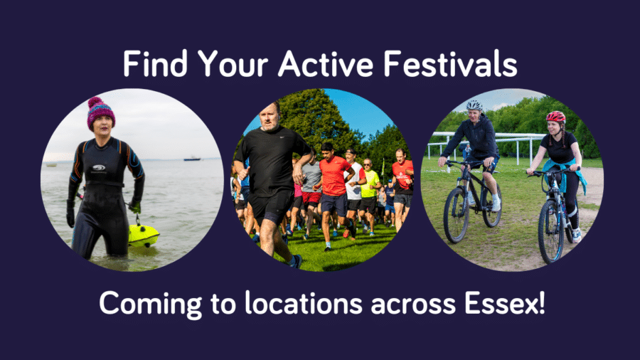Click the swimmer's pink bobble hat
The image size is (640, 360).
click(100, 111)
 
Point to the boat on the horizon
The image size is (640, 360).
click(191, 158)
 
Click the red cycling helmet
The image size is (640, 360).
click(555, 117)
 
